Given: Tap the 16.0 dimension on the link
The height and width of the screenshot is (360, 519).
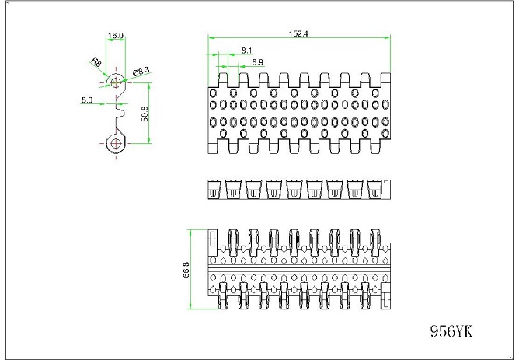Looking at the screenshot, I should [x=116, y=36].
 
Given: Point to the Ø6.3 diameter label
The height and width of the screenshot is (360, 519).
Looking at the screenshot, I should [x=141, y=71].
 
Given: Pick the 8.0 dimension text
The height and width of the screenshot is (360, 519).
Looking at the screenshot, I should [x=87, y=100].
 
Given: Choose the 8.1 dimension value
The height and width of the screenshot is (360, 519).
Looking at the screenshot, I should [x=246, y=50].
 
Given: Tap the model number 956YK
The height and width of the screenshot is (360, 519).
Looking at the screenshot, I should [x=451, y=331].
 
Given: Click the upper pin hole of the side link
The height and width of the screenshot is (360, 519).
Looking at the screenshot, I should [x=117, y=81].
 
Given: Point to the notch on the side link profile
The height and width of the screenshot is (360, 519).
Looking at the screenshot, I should [x=121, y=112].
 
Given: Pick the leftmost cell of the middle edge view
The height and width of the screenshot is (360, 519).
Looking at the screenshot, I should [x=214, y=188].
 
